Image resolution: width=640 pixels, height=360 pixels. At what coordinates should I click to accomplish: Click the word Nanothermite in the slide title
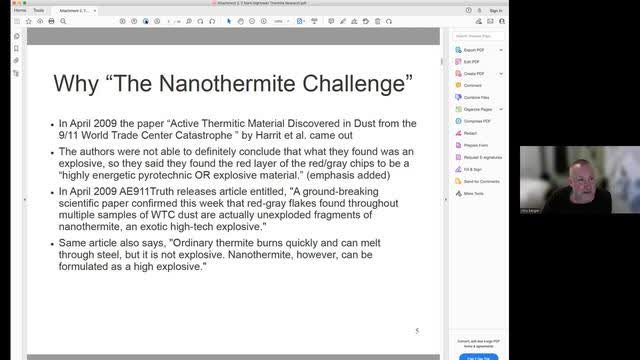click(250, 82)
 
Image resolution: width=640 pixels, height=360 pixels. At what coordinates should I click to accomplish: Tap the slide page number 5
click(417, 330)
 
